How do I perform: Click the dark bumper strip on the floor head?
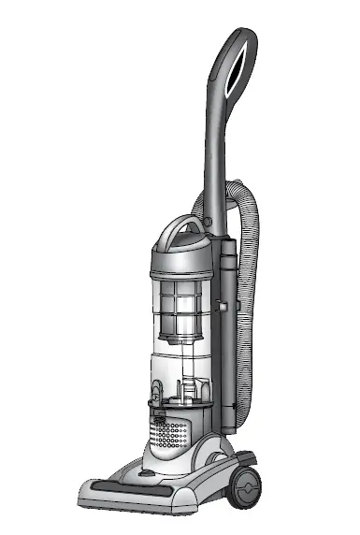[x=122, y=489]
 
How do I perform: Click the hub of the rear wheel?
[x=248, y=487]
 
